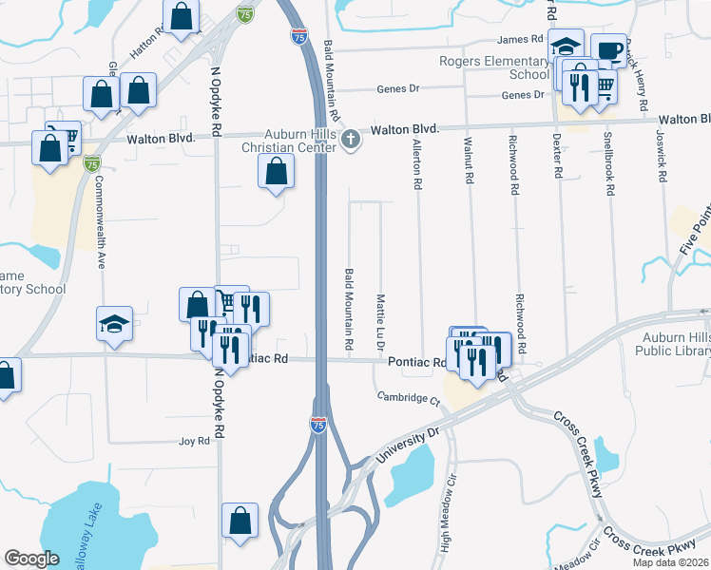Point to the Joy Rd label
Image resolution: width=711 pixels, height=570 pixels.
coord(193,442)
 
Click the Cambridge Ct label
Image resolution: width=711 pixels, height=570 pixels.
coord(408,397)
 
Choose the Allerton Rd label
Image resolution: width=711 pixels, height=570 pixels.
coord(416,163)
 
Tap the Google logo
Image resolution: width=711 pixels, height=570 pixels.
coord(31,559)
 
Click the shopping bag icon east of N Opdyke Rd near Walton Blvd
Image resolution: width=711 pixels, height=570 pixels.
coord(275,172)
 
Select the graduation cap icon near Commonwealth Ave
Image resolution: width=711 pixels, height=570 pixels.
coord(115,323)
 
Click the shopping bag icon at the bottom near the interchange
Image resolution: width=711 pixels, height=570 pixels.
coord(240,520)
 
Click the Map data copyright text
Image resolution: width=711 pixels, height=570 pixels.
coord(671,562)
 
